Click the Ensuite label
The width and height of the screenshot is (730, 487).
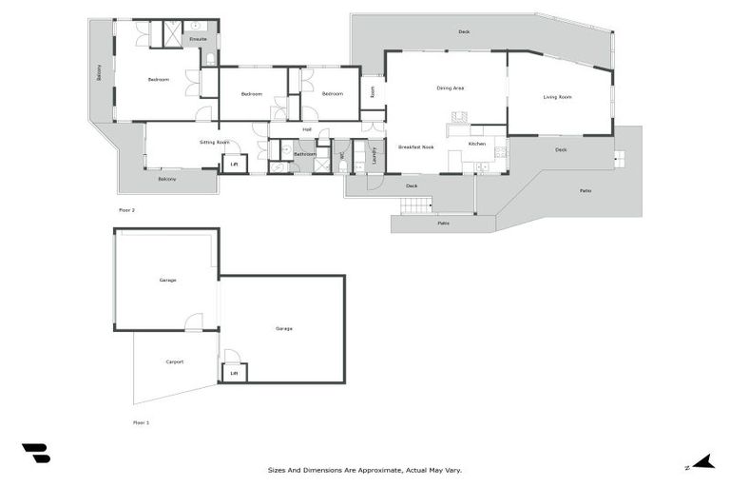coord(198,39)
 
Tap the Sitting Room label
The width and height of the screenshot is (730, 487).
coord(215,142)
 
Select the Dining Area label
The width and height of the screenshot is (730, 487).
coord(450,88)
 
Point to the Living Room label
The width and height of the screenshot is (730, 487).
coord(557,97)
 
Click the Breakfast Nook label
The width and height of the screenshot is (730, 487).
coord(415,147)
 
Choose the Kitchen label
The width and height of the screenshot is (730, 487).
coord(477,144)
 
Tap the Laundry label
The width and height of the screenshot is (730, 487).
coord(375,155)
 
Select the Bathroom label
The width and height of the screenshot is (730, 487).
coord(304,154)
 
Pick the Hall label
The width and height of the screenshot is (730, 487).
coord(307,129)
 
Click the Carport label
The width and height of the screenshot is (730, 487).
coord(175,361)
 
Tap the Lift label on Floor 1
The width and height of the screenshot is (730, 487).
coord(234,373)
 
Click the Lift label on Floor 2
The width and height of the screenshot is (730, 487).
coord(235,165)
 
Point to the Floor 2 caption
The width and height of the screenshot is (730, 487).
coord(126,209)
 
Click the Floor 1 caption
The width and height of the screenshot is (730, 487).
coord(142,421)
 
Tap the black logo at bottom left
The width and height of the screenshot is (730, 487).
coord(35,454)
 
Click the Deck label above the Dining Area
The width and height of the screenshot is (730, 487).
coord(464,32)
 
